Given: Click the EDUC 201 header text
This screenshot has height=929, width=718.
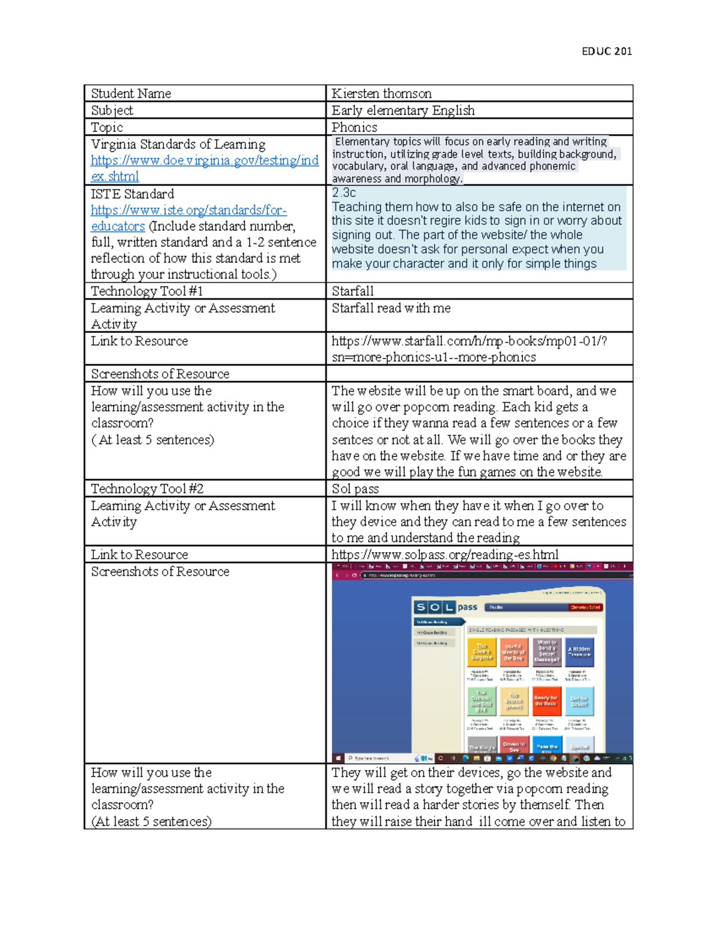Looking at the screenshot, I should tap(606, 51).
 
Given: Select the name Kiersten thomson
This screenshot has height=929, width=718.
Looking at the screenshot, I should tap(381, 93).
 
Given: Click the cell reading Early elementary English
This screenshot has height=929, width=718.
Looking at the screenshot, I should tap(403, 110).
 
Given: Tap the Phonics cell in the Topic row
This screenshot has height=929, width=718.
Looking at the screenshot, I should tap(354, 127).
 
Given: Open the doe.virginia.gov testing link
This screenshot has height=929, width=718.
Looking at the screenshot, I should tap(204, 168).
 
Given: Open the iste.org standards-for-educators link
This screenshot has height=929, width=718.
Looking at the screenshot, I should tap(188, 218).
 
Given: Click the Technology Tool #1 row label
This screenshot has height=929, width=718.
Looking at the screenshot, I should tap(147, 291).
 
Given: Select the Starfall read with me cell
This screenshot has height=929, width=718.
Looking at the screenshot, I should tap(391, 308).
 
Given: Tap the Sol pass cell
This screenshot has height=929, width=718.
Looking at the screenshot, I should tap(355, 489).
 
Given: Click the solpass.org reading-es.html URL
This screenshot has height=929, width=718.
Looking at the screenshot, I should tap(445, 555).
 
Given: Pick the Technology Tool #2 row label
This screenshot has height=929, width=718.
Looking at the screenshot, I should tap(147, 489).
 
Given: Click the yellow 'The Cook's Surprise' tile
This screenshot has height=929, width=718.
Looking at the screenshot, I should tap(481, 652).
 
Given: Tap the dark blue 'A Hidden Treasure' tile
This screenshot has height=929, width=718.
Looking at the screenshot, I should tap(579, 652).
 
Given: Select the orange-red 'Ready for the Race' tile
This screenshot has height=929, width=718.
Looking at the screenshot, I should tap(546, 700).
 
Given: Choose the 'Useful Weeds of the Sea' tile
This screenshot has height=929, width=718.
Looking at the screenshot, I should tap(513, 652).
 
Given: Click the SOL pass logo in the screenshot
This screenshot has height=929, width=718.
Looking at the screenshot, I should tap(445, 607).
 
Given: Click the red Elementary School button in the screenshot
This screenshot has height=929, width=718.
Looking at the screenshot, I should tap(585, 607).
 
